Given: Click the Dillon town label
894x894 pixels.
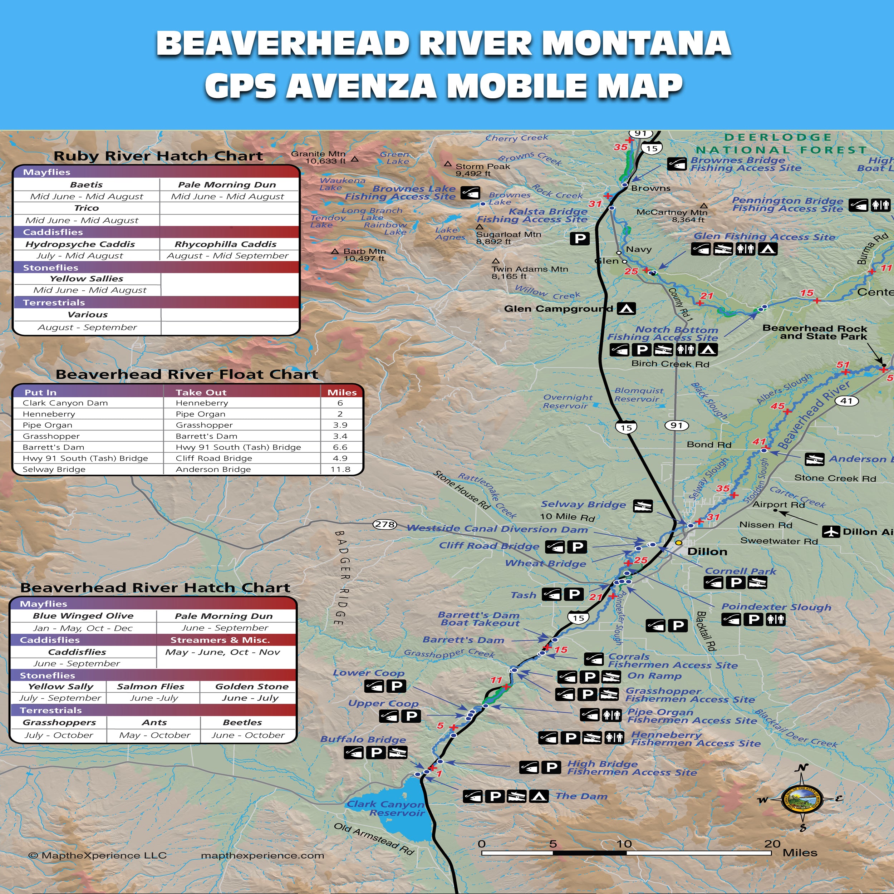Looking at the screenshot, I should [x=707, y=551].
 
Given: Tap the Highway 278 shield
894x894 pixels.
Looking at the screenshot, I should [x=384, y=524].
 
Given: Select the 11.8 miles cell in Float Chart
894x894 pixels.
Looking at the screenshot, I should [x=340, y=469].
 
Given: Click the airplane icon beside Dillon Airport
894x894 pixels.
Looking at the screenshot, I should [x=831, y=532].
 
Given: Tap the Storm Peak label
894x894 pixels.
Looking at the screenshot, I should [x=483, y=170].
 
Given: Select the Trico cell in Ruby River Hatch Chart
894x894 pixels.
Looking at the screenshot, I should [x=87, y=208].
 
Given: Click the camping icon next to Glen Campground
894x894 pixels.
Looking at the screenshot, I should [x=627, y=308].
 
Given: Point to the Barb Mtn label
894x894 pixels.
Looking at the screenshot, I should [x=364, y=255].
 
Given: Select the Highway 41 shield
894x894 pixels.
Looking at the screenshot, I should [x=846, y=401].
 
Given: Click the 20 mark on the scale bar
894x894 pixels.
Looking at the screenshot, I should [x=772, y=844].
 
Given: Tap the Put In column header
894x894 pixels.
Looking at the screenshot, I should [x=40, y=392].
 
